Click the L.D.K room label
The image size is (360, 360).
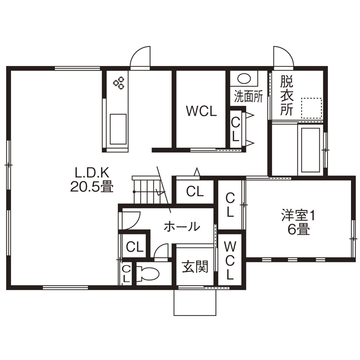click(x=93, y=172)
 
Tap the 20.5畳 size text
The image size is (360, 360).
click(x=93, y=187)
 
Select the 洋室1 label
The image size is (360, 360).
click(x=298, y=215)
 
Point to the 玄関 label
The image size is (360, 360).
click(x=195, y=267)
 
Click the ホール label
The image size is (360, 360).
click(x=182, y=226)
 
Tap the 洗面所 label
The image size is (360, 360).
click(x=248, y=96)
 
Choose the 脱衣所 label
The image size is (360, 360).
click(x=287, y=95)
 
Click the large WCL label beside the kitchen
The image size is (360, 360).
click(x=201, y=111)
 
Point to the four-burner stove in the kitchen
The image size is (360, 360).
click(x=119, y=82)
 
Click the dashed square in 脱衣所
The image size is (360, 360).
click(x=311, y=108)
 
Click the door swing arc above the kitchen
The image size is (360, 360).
click(x=140, y=57)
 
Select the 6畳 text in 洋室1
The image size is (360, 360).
click(x=298, y=230)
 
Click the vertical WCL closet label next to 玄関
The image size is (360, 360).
click(x=230, y=260)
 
